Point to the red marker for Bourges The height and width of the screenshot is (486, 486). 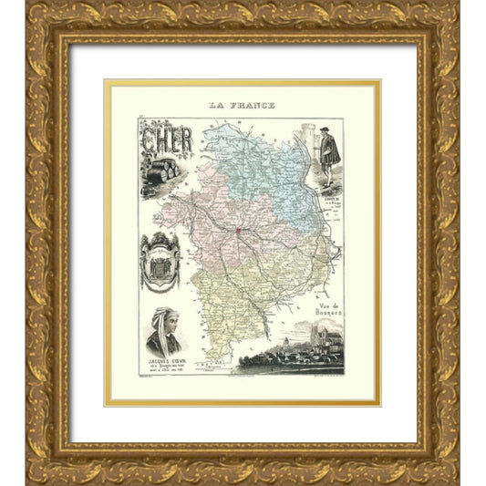click(240, 230)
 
